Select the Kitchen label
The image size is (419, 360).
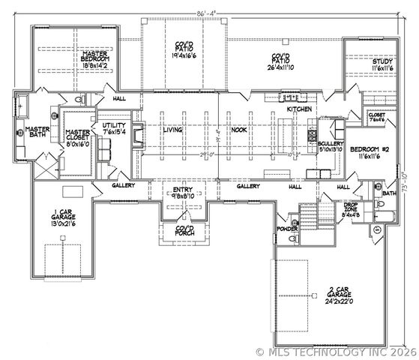coord(300,110)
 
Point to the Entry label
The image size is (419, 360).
coord(182,193)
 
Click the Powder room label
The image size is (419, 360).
coord(287,228)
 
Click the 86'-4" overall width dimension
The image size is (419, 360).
coord(207,12)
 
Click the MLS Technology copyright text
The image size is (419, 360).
coord(336,351)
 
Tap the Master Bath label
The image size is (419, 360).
coord(21,132)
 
